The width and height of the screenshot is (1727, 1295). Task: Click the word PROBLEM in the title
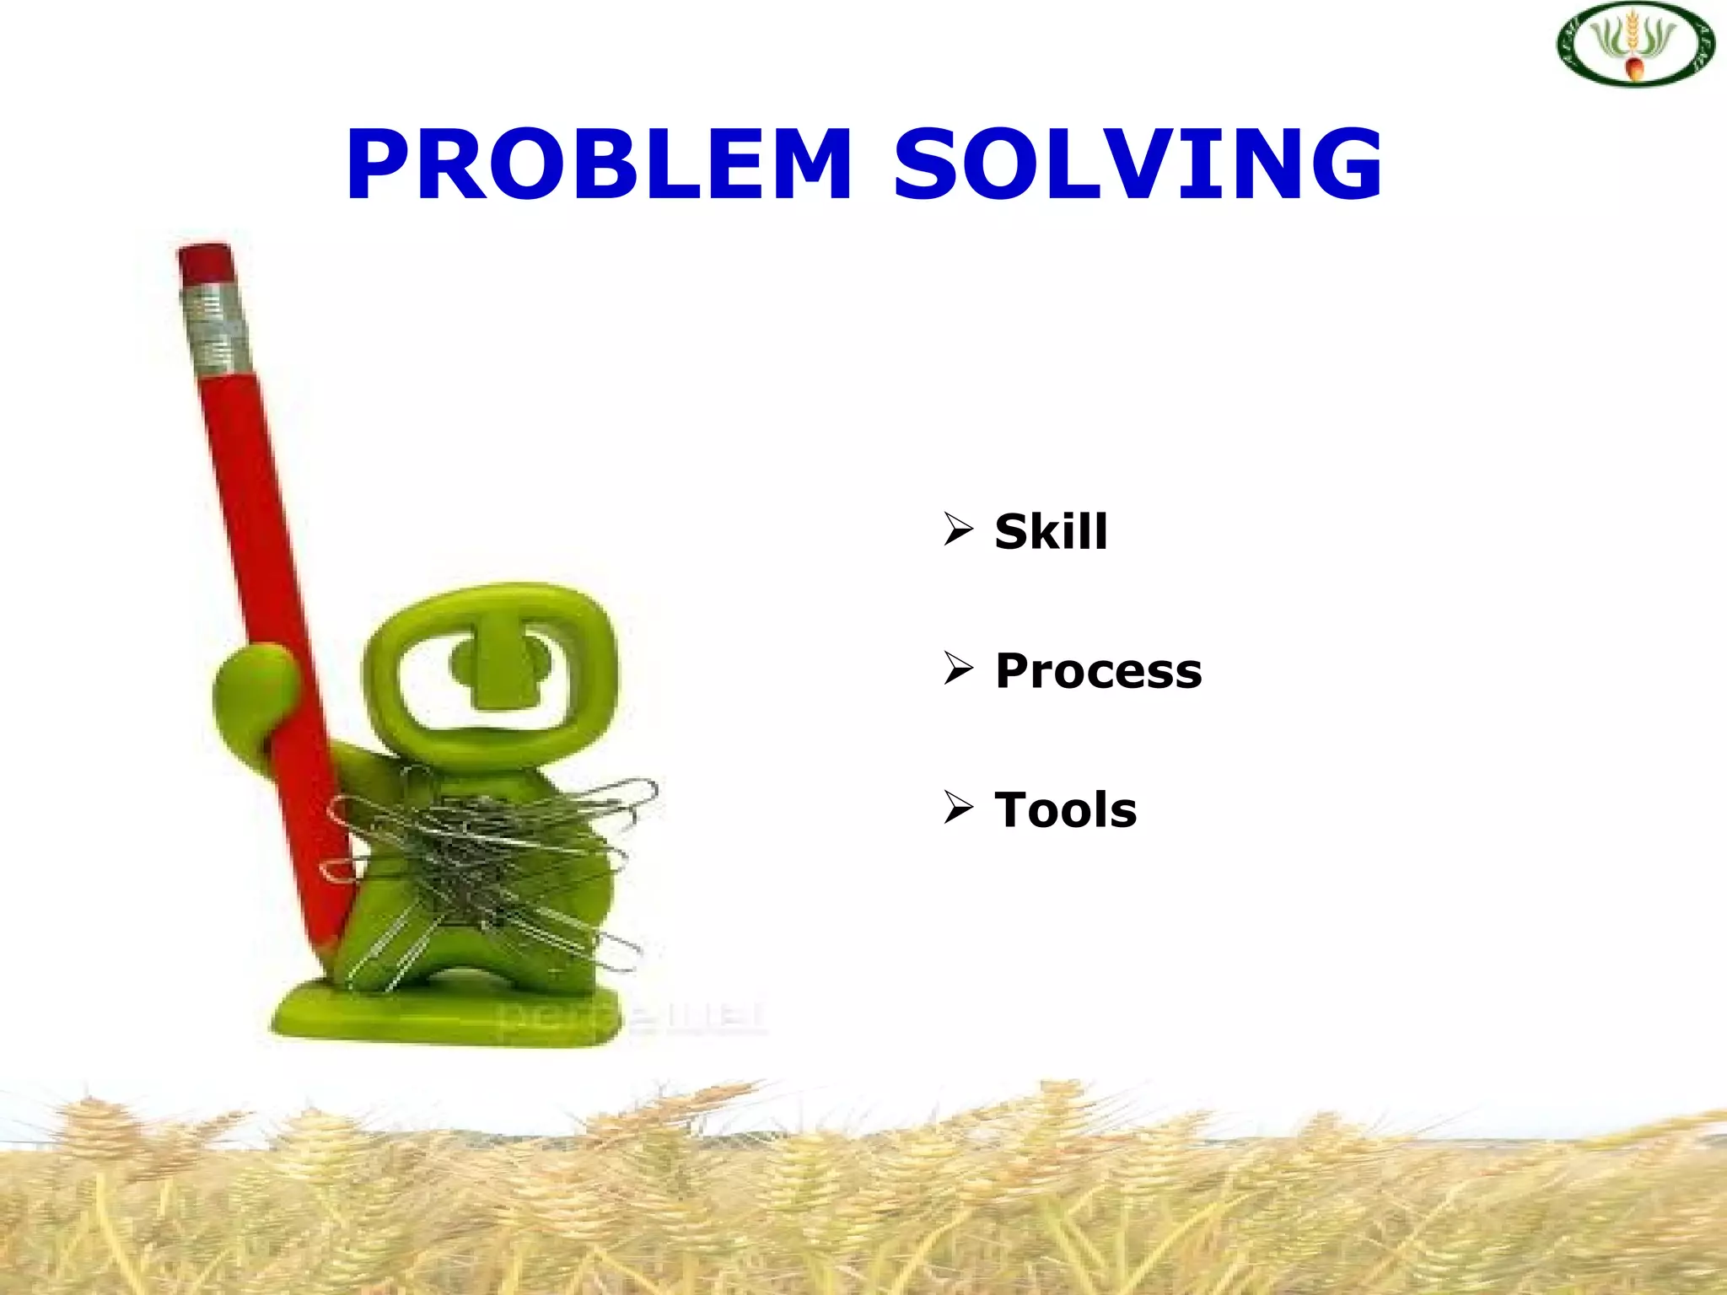tap(600, 165)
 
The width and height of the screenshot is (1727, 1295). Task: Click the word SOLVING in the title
tap(1138, 165)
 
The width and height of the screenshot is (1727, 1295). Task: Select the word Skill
tap(1051, 532)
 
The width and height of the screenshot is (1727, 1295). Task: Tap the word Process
tap(1098, 671)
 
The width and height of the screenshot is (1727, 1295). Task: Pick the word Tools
tap(1066, 810)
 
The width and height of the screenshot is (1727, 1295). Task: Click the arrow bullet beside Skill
tap(959, 529)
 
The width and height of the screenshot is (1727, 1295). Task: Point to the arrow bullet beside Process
tap(959, 669)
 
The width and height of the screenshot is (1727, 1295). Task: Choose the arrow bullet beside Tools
tap(959, 808)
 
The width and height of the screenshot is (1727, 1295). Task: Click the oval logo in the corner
tap(1635, 44)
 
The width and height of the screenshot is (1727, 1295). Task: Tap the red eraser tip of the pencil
tap(205, 262)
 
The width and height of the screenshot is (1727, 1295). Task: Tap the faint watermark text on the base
tap(632, 1018)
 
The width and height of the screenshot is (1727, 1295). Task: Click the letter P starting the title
tap(378, 165)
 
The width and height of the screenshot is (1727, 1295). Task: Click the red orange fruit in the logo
tap(1633, 67)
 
